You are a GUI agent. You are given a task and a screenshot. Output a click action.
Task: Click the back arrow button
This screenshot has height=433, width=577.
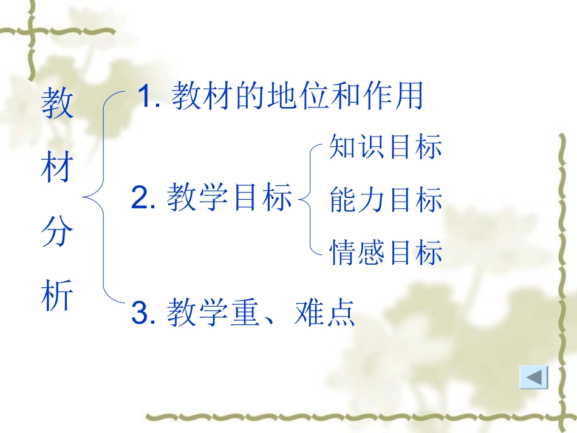tap(534, 378)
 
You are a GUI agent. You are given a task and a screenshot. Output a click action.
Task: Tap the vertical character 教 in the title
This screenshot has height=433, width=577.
tap(58, 103)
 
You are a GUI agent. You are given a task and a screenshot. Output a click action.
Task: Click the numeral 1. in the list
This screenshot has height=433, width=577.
tap(149, 97)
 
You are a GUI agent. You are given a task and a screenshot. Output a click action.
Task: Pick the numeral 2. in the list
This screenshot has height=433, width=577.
tap(144, 199)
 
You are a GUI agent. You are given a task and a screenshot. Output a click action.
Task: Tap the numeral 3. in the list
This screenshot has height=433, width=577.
tap(145, 313)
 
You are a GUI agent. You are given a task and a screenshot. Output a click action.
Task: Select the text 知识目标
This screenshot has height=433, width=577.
tap(386, 147)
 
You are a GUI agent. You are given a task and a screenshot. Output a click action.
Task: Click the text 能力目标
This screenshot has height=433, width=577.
tap(386, 200)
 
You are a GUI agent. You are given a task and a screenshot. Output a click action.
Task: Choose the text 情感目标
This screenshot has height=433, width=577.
tap(386, 252)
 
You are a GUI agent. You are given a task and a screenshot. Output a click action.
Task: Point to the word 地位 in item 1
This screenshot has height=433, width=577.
tap(298, 97)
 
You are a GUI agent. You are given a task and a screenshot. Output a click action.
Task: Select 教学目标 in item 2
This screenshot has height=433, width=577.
tap(230, 199)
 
